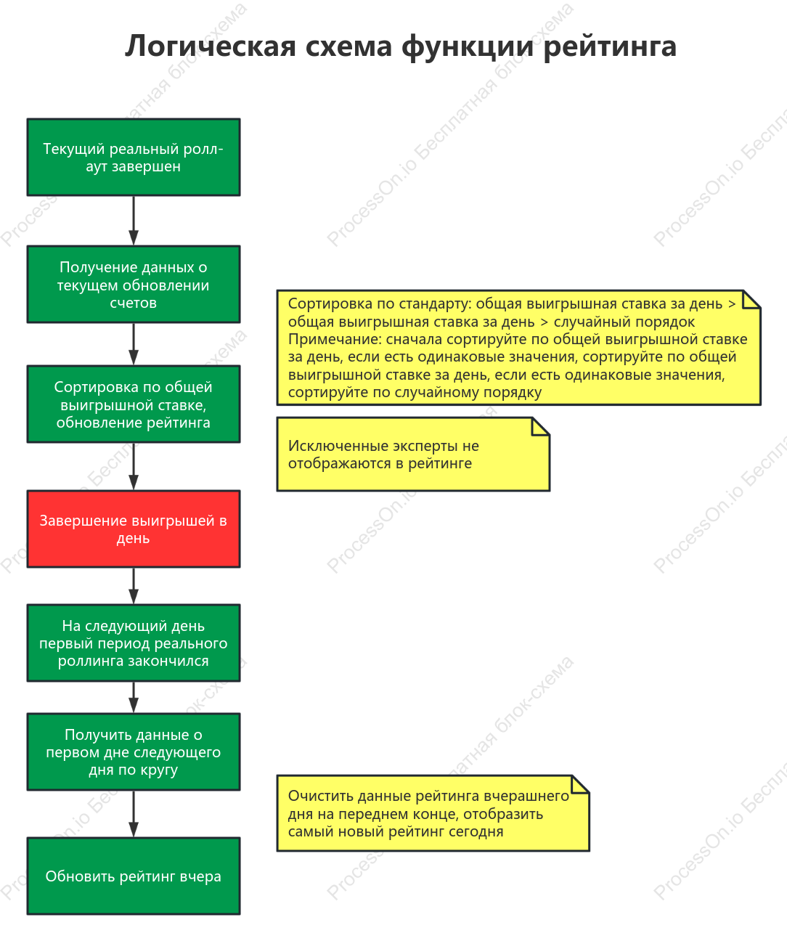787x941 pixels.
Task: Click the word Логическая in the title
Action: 210,47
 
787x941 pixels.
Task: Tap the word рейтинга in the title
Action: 610,47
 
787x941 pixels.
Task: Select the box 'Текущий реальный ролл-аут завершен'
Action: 134,158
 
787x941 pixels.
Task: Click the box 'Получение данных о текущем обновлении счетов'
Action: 134,285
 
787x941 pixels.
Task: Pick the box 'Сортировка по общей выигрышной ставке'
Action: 134,404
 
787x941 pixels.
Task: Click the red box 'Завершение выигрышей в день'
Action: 134,529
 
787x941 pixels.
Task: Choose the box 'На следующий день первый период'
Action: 134,643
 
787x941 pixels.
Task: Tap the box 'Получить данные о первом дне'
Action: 134,752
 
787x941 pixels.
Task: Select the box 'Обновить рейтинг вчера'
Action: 134,876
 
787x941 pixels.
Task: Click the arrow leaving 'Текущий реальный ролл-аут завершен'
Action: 134,221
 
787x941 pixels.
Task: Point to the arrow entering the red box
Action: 134,466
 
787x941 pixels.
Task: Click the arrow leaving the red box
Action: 134,586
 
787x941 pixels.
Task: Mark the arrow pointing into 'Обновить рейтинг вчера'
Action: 134,815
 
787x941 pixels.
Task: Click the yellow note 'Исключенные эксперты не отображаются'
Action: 413,455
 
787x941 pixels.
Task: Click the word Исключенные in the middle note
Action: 338,446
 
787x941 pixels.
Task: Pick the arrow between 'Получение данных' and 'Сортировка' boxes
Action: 134,344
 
